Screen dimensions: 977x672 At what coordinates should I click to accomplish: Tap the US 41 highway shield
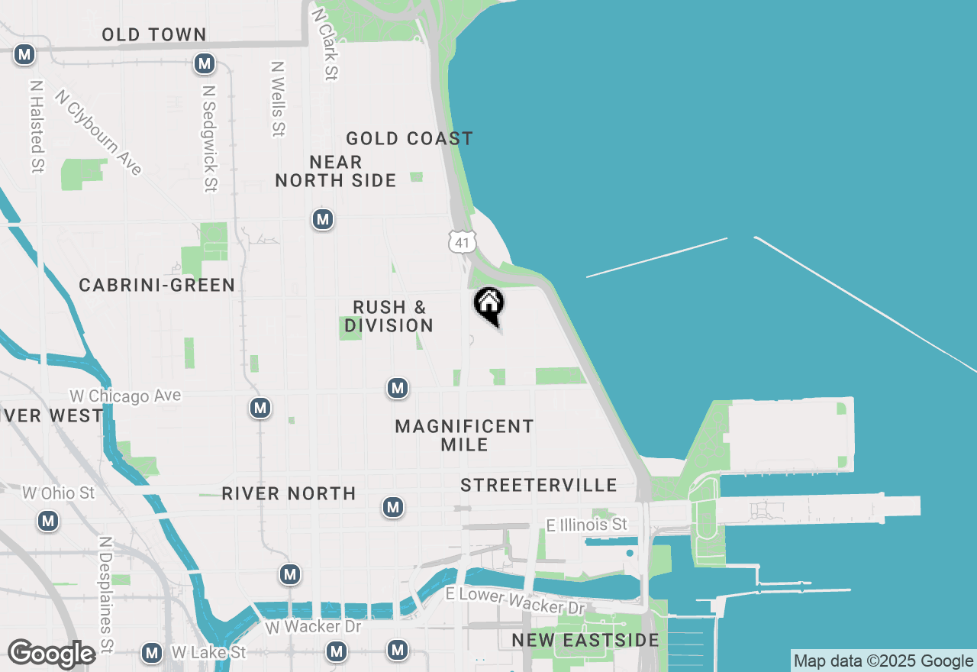click(463, 242)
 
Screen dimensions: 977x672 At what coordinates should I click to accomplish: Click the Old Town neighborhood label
click(154, 34)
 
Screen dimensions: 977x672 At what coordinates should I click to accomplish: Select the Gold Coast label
click(409, 138)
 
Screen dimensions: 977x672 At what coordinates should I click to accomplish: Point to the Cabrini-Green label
click(157, 285)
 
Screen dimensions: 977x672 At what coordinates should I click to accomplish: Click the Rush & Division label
click(389, 316)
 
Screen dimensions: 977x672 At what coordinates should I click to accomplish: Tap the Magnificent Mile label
click(464, 435)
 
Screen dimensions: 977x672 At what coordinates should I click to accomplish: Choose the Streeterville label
click(539, 485)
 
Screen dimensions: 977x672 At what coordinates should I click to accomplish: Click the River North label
click(289, 493)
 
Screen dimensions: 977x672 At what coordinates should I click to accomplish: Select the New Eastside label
click(585, 640)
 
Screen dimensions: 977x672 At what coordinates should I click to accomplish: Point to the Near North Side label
click(336, 171)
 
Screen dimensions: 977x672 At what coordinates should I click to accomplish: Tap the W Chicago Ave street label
click(126, 396)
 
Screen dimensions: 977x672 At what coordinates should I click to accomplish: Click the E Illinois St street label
click(587, 525)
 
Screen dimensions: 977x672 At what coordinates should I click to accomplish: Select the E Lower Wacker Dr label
click(515, 601)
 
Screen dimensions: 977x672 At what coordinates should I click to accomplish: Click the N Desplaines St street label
click(105, 594)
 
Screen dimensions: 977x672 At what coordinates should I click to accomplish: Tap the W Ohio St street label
click(59, 493)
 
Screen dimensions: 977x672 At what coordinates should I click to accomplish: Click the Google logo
click(51, 654)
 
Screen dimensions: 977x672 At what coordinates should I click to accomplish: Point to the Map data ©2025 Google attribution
click(884, 661)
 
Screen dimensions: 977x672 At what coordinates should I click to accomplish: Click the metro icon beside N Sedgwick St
click(205, 63)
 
